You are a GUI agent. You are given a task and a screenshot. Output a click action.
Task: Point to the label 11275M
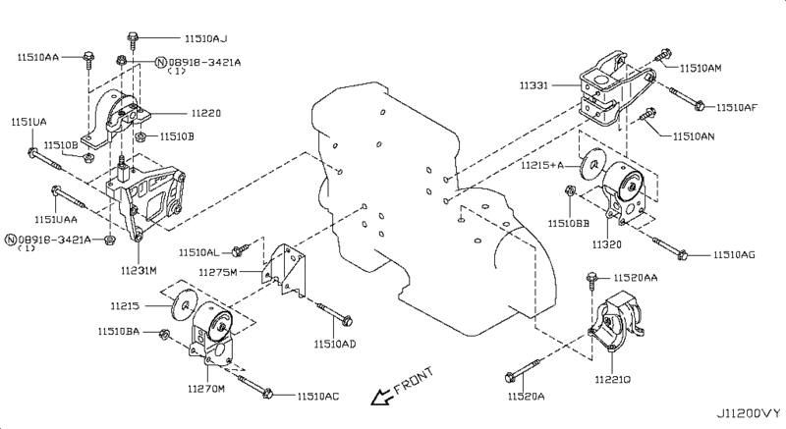point(219,271)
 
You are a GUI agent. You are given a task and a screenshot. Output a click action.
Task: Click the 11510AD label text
point(335,345)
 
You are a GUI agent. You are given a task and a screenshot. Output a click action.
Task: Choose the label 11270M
point(208,389)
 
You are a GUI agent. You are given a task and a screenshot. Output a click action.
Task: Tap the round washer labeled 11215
point(180,305)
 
